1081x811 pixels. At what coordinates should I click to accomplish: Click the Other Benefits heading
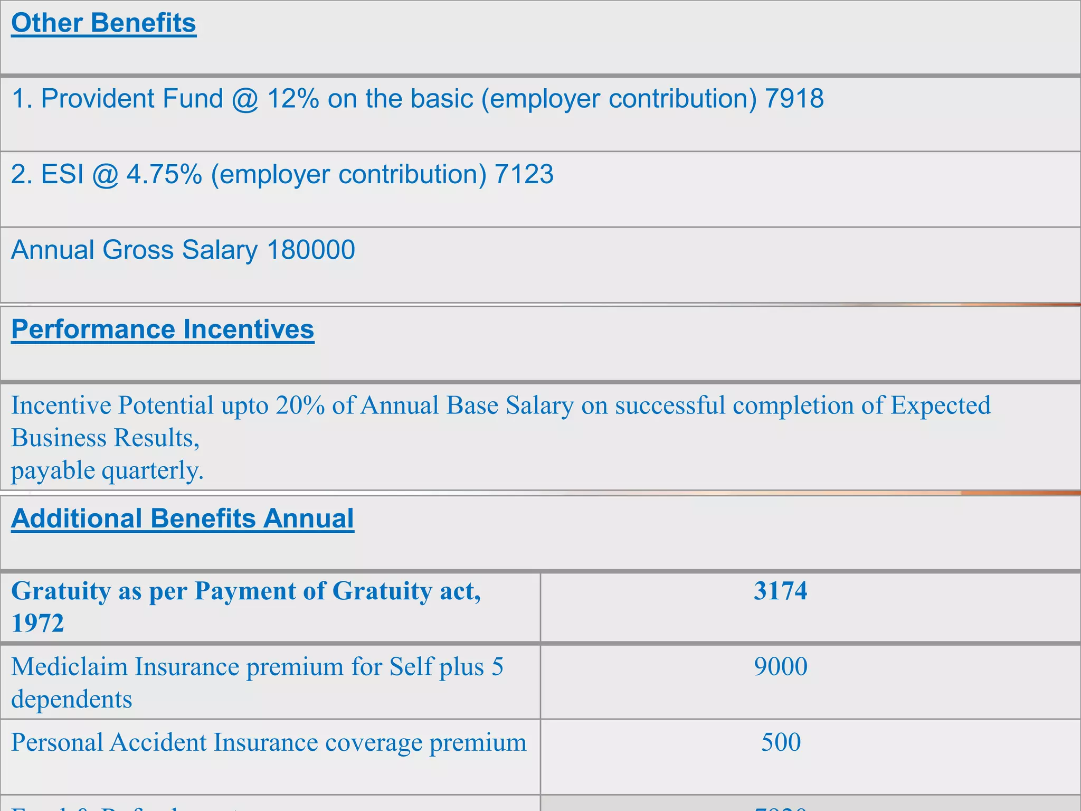[x=103, y=23]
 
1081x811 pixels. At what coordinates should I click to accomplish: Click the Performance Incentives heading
[x=163, y=329]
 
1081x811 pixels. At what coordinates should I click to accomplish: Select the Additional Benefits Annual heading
[x=183, y=518]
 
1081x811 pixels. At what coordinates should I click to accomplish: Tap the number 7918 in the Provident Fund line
[x=794, y=99]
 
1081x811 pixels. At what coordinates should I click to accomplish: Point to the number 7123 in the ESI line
[x=524, y=174]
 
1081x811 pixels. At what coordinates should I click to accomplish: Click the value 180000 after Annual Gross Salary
[x=311, y=250]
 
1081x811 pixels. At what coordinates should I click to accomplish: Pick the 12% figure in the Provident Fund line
[x=293, y=99]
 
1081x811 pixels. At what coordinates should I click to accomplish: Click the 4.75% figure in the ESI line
[x=164, y=174]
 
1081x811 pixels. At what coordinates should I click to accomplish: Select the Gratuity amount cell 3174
[x=780, y=591]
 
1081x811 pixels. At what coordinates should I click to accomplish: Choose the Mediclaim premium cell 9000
[x=780, y=666]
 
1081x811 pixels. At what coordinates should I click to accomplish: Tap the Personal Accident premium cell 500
[x=780, y=742]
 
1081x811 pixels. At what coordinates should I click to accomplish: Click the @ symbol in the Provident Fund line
[x=245, y=99]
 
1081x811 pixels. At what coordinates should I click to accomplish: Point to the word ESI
[x=62, y=174]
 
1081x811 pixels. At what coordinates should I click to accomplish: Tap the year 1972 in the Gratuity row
[x=37, y=624]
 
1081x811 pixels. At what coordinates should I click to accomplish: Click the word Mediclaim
[x=69, y=666]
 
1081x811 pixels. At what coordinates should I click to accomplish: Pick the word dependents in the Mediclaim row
[x=72, y=700]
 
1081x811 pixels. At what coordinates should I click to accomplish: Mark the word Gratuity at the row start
[x=61, y=591]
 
